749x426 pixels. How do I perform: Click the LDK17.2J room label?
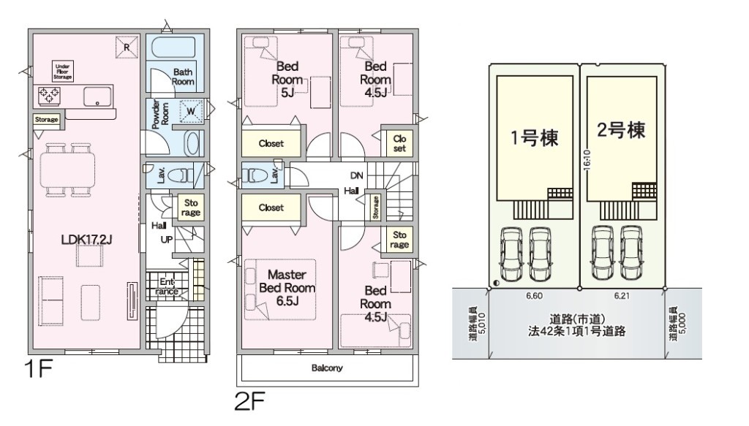tap(86, 240)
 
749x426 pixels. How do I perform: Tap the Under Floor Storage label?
tap(63, 72)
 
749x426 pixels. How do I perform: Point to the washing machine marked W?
tap(191, 111)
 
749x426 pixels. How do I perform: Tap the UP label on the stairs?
tap(166, 240)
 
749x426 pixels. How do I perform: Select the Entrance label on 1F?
tap(167, 286)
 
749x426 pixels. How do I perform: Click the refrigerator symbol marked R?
tap(127, 47)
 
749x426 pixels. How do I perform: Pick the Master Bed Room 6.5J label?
tap(287, 288)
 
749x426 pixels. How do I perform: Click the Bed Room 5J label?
tap(287, 79)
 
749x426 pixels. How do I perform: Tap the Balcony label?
tap(327, 368)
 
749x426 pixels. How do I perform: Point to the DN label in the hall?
tap(356, 175)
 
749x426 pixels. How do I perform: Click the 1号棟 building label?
tap(535, 138)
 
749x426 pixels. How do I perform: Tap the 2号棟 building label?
tap(621, 129)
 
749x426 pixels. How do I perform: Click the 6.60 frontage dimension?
tap(533, 296)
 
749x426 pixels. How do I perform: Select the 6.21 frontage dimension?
tap(622, 296)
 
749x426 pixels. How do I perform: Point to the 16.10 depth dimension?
tap(587, 160)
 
